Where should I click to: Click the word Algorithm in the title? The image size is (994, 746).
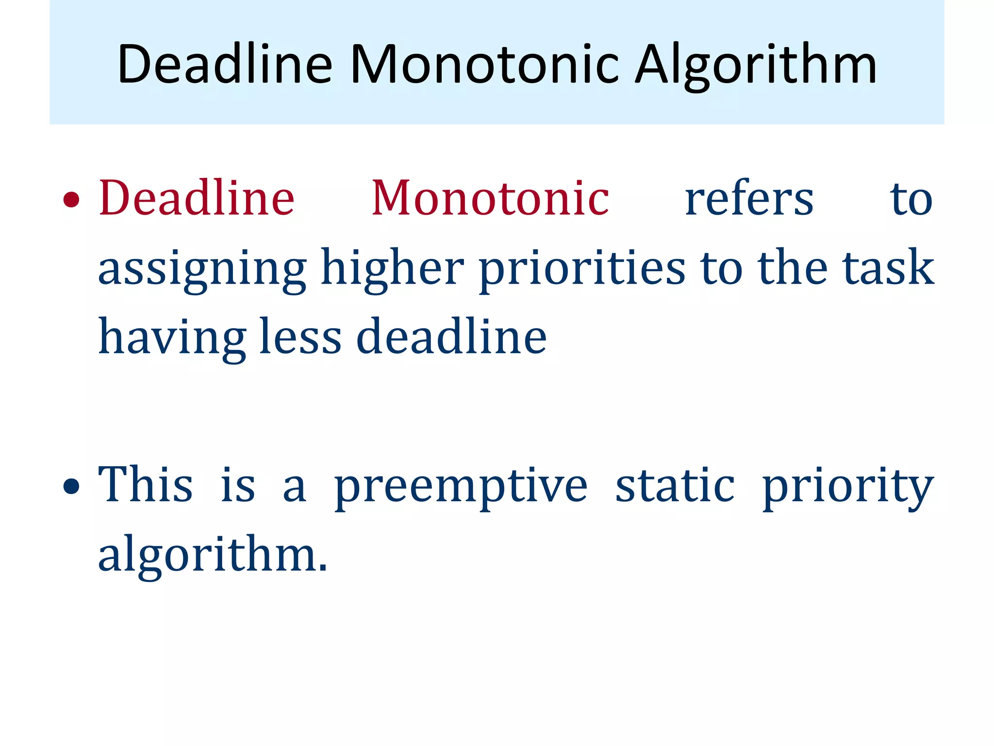pos(756,65)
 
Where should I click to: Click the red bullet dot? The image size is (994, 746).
pos(71,200)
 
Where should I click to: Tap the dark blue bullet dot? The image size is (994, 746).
pos(71,486)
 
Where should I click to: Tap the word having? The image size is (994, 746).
pos(172,338)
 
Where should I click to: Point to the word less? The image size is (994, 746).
pos(300,337)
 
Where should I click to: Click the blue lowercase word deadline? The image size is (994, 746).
pos(451,337)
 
